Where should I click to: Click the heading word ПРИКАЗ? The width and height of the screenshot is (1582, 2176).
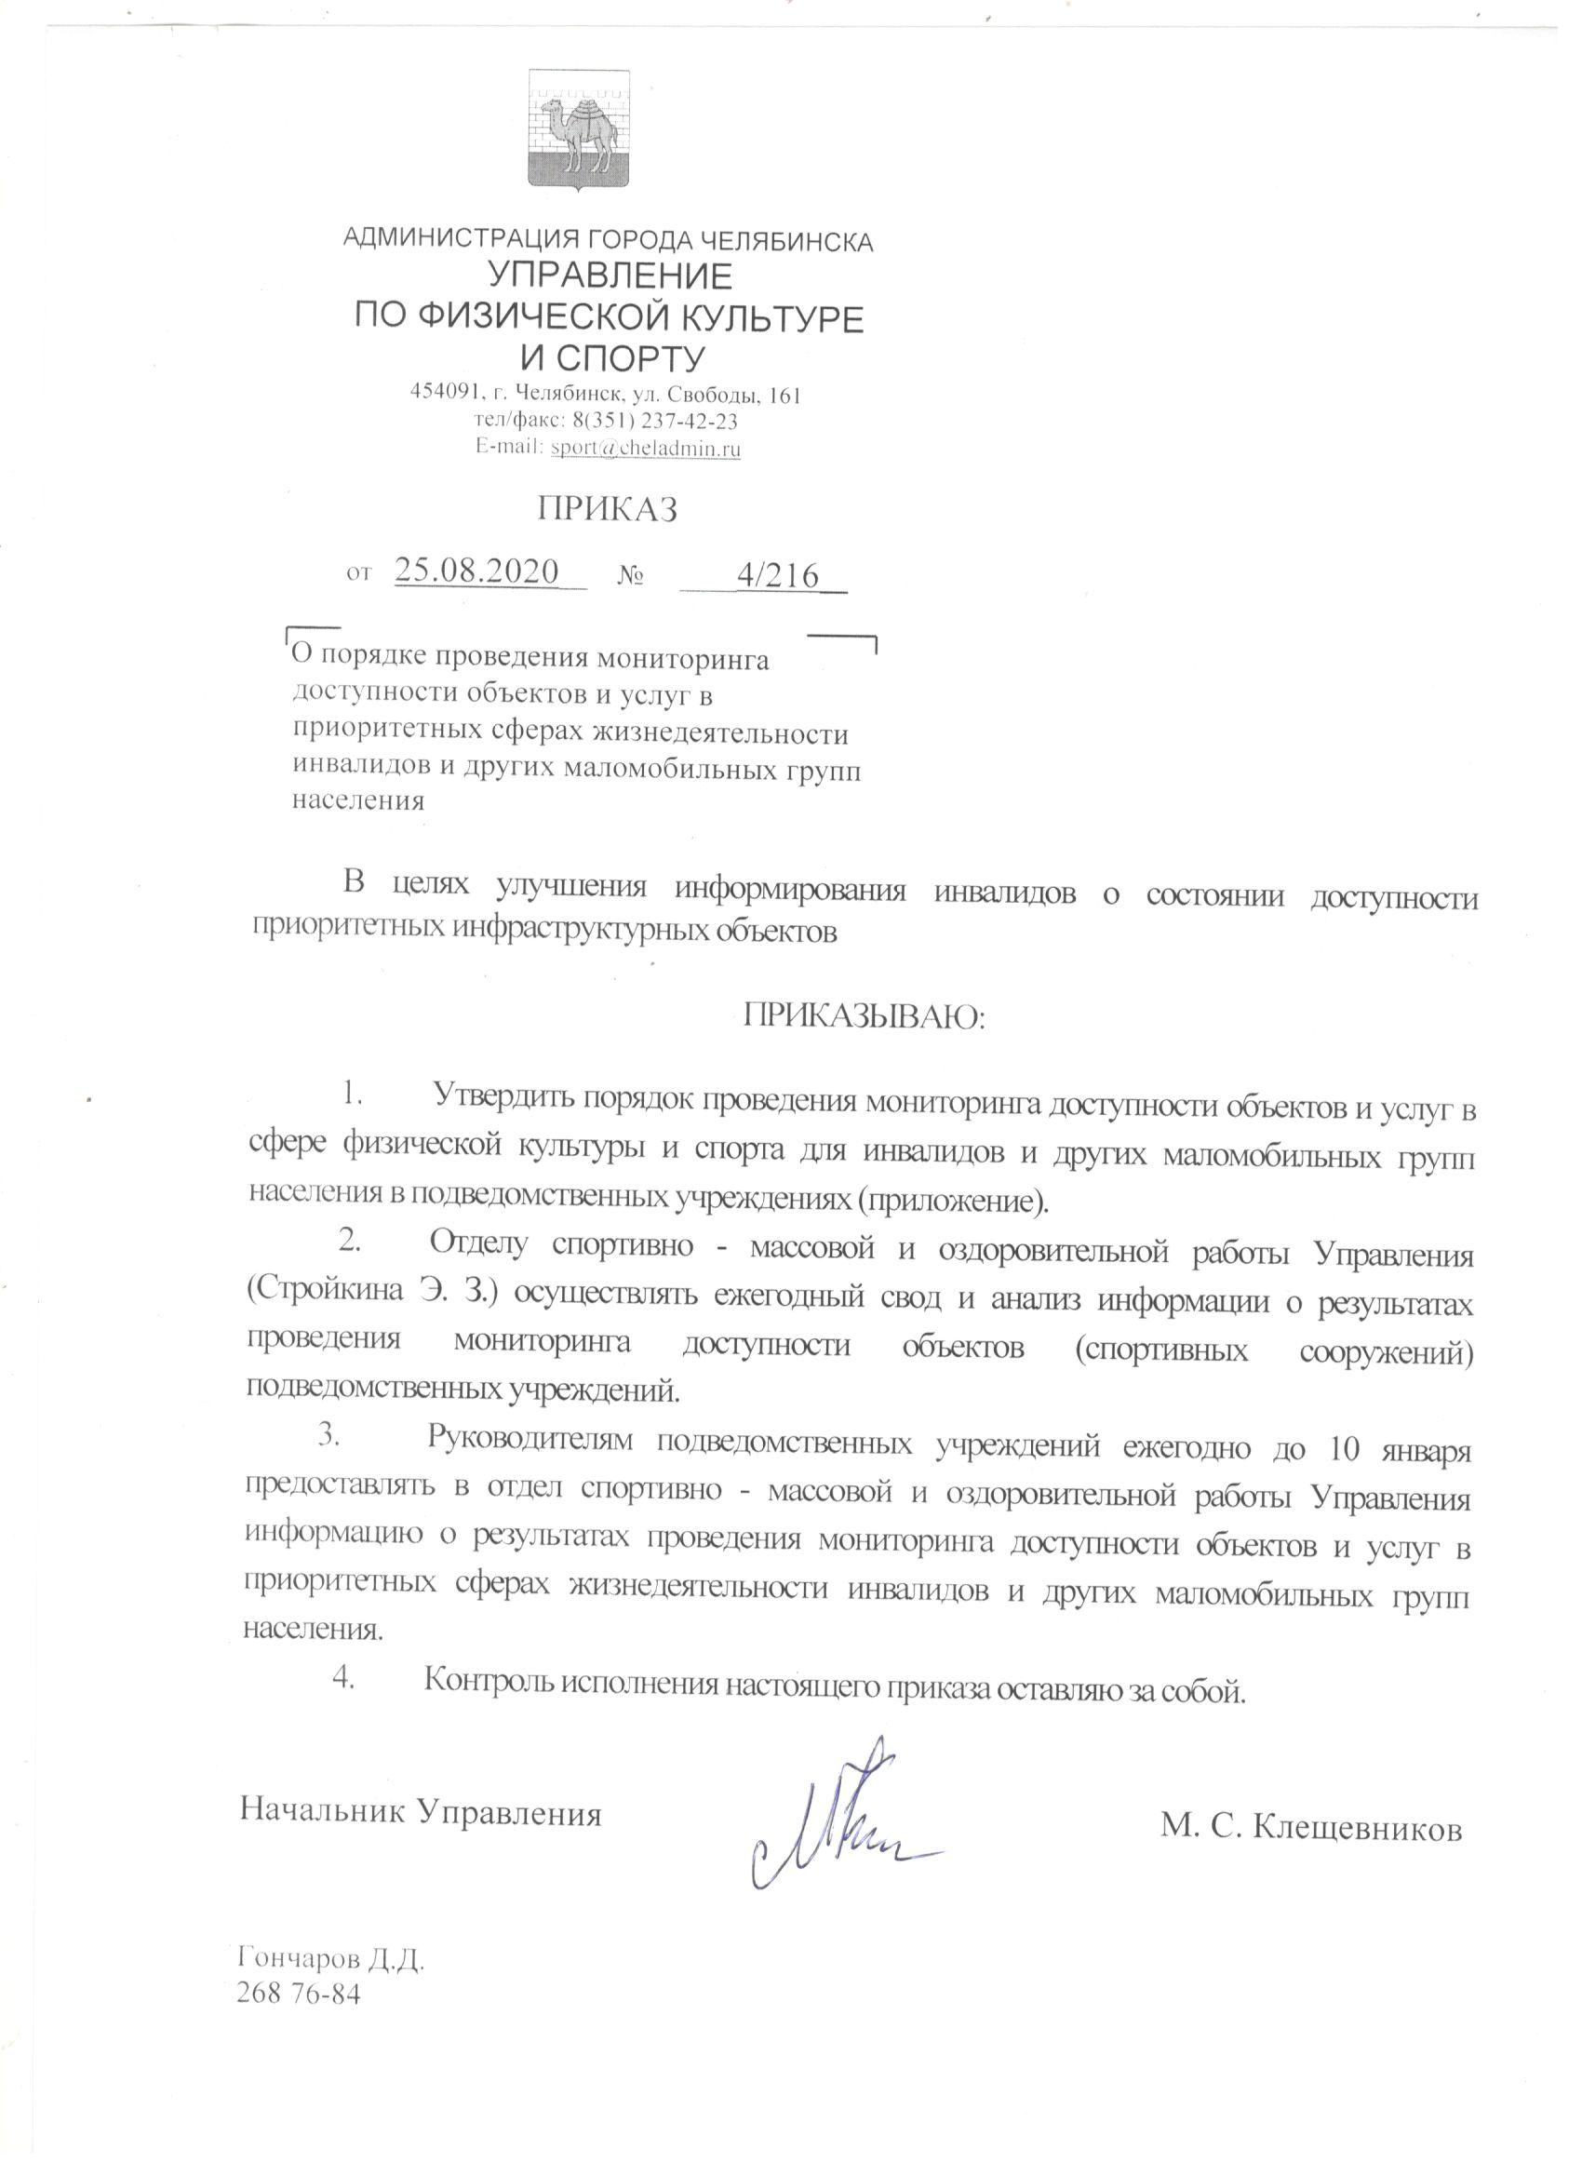tap(608, 509)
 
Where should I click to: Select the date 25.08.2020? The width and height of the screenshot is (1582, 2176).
tap(476, 571)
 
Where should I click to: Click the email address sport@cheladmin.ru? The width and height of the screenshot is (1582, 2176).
tap(645, 448)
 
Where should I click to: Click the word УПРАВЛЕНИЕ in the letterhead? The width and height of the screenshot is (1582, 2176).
tap(611, 276)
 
